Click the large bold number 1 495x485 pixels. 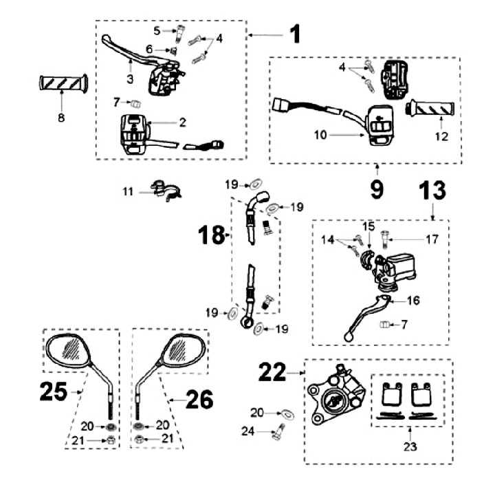click(295, 34)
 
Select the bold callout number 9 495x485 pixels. click(377, 188)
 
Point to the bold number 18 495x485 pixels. click(210, 235)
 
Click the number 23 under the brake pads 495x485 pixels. click(411, 446)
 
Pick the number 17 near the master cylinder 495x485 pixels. click(432, 239)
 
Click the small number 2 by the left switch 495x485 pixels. click(183, 122)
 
